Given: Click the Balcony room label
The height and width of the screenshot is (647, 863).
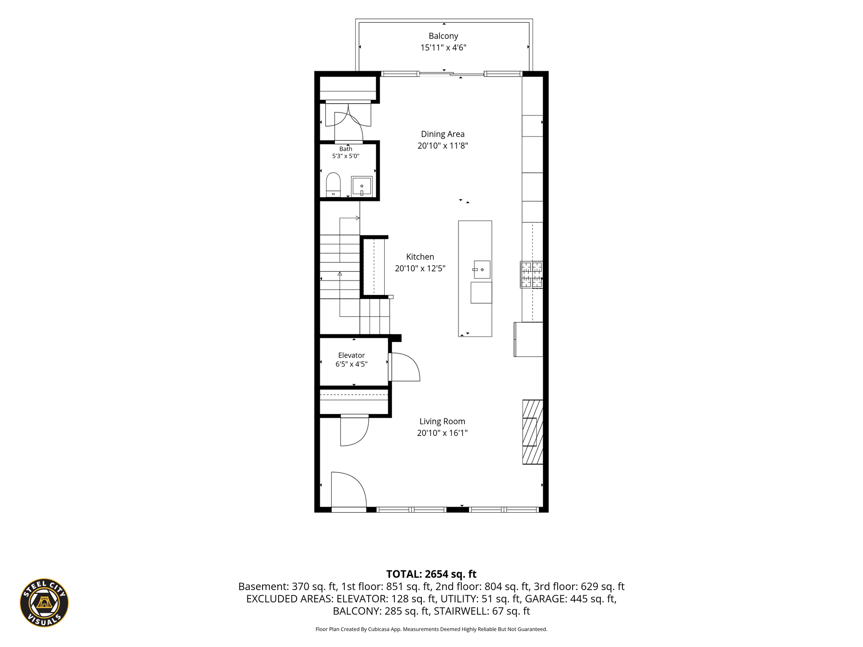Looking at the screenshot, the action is [443, 36].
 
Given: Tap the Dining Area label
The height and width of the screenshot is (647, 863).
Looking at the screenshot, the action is [443, 134].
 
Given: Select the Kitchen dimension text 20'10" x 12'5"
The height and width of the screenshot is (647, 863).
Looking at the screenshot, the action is [420, 268].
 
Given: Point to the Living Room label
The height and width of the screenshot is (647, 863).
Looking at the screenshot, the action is [442, 421].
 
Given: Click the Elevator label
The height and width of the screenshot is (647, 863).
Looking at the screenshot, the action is [351, 356].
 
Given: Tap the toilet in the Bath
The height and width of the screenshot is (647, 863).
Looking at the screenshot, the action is [333, 184].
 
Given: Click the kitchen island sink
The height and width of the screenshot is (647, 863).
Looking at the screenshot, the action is [482, 270].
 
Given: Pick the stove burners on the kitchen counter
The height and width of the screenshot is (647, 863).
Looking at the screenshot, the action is [531, 275].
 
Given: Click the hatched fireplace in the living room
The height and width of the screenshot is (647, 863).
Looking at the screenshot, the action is [533, 432].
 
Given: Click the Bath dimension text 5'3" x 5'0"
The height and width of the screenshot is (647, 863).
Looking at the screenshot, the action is [346, 156].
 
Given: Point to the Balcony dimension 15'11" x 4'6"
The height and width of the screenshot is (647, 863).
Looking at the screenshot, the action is [443, 48].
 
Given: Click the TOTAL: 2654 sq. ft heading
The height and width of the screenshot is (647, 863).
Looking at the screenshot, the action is [431, 574].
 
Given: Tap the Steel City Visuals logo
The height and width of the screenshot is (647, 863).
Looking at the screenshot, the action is [44, 603].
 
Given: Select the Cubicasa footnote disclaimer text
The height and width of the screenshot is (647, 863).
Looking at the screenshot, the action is [431, 629].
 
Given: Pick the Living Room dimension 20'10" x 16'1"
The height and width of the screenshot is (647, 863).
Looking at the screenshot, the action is [442, 433].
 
